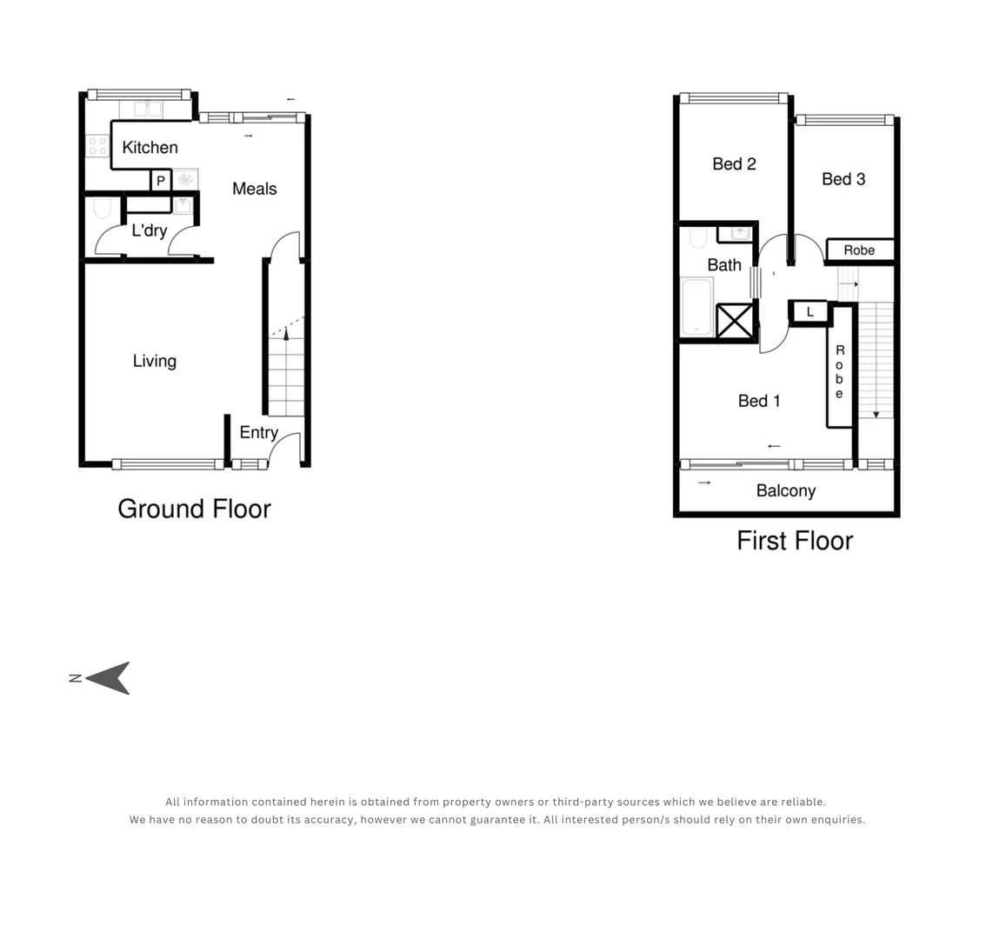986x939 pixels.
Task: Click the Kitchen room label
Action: [x=150, y=148]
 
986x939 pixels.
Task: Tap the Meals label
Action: [x=254, y=189]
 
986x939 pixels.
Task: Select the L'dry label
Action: [x=149, y=230]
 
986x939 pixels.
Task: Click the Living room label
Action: [x=155, y=361]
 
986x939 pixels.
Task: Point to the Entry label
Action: [x=258, y=432]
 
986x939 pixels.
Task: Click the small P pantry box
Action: [x=161, y=181]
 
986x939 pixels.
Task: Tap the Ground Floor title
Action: [x=194, y=509]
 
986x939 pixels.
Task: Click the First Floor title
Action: [x=795, y=541]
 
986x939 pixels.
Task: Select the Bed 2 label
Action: [x=734, y=163]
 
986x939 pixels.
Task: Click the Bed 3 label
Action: [x=843, y=179]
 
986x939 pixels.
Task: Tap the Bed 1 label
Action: [x=759, y=401]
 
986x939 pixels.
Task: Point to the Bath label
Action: [x=724, y=265]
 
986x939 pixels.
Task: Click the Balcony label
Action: [x=786, y=491]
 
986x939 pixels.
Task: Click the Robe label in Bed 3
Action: [x=859, y=250]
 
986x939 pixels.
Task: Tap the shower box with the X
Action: [x=735, y=321]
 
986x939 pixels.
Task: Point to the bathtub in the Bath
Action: [x=697, y=306]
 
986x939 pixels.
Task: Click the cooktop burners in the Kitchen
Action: [x=97, y=145]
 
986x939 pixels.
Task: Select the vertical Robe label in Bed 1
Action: [x=839, y=371]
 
